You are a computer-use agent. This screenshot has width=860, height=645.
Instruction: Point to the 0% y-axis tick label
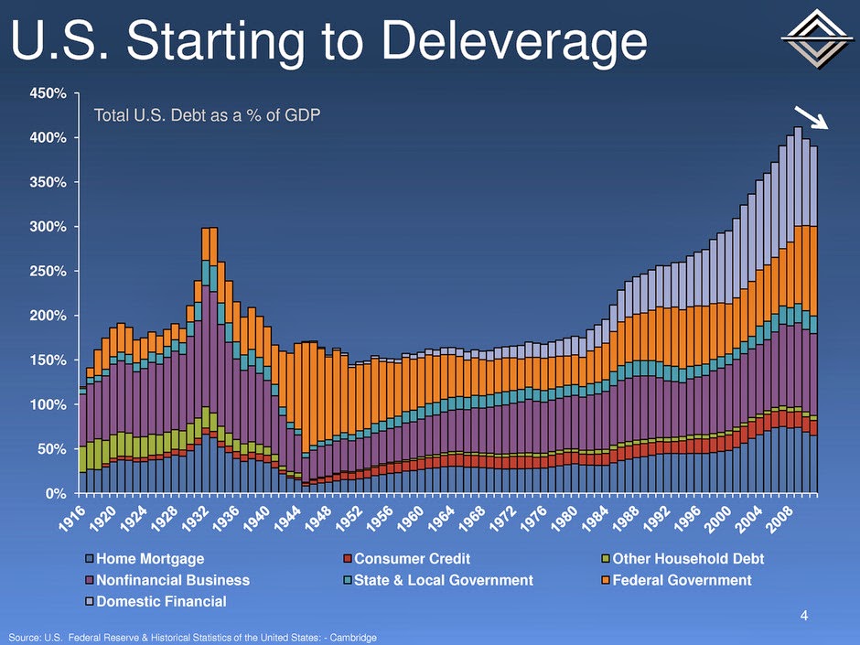[59, 493]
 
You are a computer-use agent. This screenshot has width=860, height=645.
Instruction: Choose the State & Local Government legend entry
[443, 580]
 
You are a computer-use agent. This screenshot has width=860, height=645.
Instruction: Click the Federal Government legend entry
[682, 580]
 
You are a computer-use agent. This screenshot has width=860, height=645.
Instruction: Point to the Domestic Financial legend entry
[161, 601]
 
